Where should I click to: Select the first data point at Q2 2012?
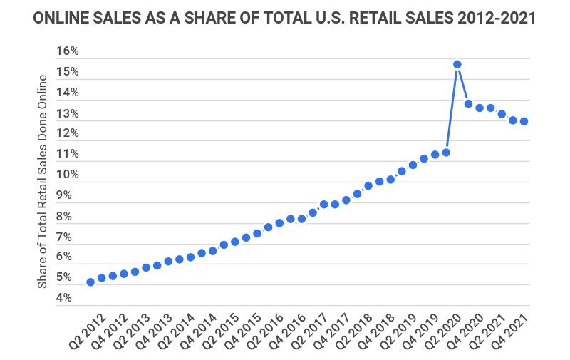(90, 282)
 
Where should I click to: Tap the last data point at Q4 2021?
(524, 121)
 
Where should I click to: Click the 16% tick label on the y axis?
(67, 51)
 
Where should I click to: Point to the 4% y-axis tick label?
(67, 297)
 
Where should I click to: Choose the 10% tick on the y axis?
(67, 175)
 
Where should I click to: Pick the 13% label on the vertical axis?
(67, 113)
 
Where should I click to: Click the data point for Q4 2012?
(113, 275)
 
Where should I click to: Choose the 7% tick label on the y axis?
(67, 236)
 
